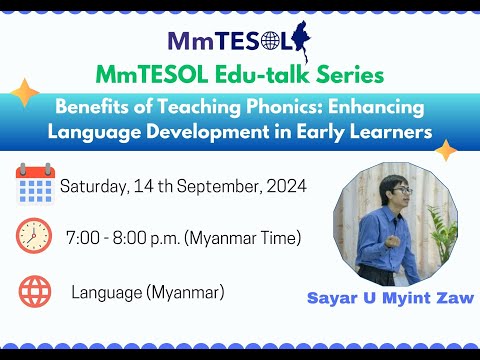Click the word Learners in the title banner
pos(373,131)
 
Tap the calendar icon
pos(35,185)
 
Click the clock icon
pos(35,238)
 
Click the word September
pos(222,186)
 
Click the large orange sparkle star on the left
pos(25,93)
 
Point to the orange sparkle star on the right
pos(445,150)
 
